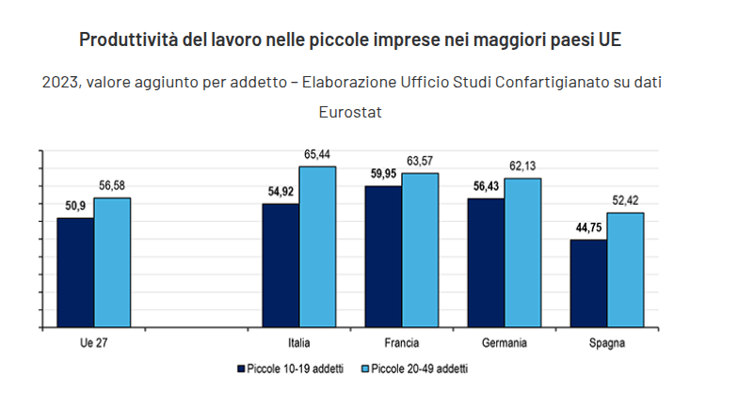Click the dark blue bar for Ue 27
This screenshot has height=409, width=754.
tap(75, 273)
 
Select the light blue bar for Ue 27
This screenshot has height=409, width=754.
tap(112, 262)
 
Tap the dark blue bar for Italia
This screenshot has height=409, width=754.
tap(281, 265)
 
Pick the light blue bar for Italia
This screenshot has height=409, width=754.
tap(317, 246)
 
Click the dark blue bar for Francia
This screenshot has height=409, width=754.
tap(383, 257)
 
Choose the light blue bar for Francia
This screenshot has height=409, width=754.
tap(420, 250)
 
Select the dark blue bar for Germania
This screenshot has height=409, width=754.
tap(486, 263)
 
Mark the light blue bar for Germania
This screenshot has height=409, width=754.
tap(522, 253)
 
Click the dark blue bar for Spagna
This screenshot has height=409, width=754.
tap(588, 284)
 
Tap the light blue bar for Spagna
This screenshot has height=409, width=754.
tap(625, 270)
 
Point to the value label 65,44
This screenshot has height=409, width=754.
tap(317, 154)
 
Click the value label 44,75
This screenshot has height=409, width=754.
tap(588, 228)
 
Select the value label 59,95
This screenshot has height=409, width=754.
tap(383, 173)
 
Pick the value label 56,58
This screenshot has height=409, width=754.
tap(112, 185)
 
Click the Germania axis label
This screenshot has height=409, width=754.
tap(504, 343)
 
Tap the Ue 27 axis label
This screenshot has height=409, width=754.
tap(93, 343)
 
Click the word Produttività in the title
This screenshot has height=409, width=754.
tap(122, 40)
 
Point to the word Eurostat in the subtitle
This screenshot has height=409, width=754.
tap(351, 112)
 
